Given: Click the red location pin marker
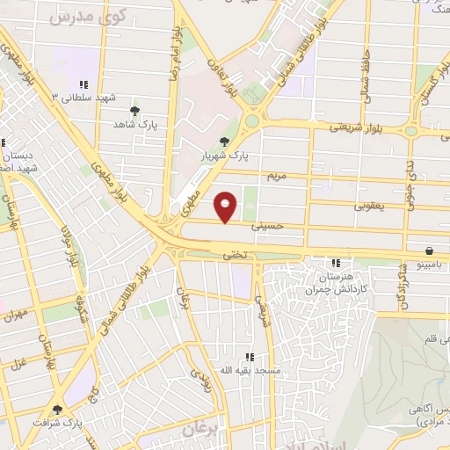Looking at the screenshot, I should click(227, 207).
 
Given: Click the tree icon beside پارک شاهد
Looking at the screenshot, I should click(134, 111).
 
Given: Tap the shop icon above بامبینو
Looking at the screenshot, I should click(428, 250).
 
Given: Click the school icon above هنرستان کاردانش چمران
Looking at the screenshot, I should click(335, 262).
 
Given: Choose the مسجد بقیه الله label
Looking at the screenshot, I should click(250, 371).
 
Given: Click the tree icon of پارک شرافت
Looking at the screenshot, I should click(58, 409).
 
